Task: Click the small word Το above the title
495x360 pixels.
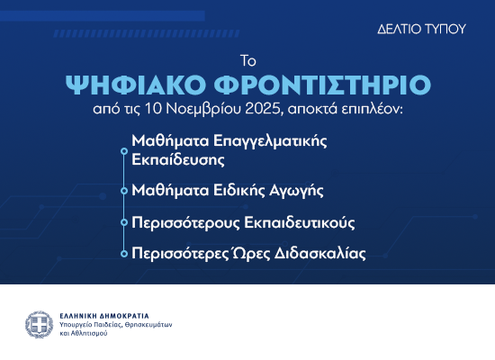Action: [247, 61]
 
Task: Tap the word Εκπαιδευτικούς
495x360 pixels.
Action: [307, 221]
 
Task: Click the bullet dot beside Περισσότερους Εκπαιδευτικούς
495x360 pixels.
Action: [123, 222]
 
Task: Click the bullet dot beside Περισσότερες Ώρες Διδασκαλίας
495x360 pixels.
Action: [123, 254]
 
